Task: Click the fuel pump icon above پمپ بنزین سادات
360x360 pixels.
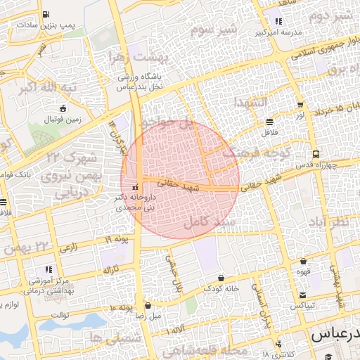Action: pyautogui.click(x=46, y=14)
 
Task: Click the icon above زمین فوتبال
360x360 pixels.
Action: pyautogui.click(x=64, y=109)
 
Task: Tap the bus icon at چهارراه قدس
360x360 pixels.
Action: pyautogui.click(x=316, y=154)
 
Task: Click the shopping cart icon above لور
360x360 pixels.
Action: pyautogui.click(x=300, y=105)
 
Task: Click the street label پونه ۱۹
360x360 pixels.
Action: pyautogui.click(x=117, y=240)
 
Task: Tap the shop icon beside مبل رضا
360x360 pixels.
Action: pyautogui.click(x=148, y=305)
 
